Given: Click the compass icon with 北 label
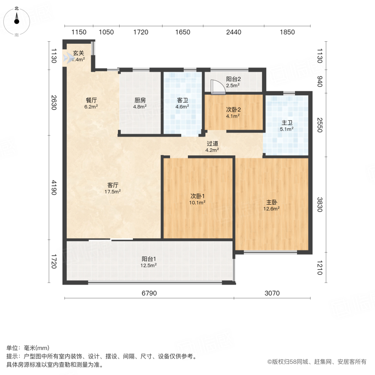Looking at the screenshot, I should (16, 21).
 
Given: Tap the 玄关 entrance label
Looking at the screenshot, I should (79, 53).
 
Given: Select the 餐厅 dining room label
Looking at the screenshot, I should (91, 100).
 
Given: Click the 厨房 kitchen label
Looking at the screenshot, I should (140, 100).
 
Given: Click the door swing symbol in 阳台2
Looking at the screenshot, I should (217, 87).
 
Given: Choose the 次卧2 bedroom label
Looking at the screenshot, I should (232, 110).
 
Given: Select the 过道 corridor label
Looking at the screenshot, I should (212, 143).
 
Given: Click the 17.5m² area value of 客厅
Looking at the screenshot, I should (113, 192).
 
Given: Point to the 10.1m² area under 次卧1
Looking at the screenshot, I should (197, 203).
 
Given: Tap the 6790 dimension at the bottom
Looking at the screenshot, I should (149, 293).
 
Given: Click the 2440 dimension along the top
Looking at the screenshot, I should (233, 32).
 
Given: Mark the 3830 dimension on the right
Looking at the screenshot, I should (320, 204).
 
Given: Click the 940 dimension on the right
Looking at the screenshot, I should (320, 81).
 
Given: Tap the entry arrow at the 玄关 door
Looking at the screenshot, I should (67, 58).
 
